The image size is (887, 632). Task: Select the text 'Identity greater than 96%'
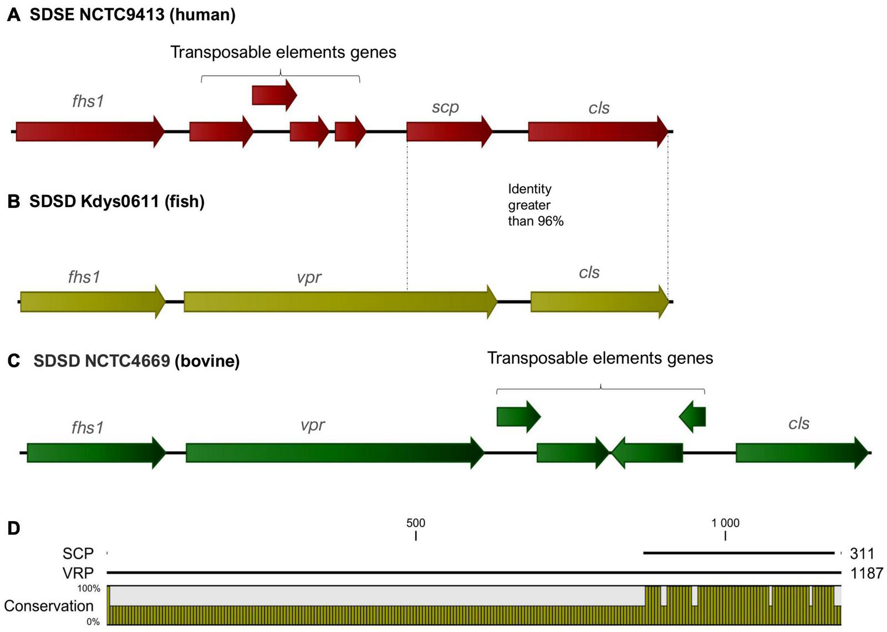coord(535,205)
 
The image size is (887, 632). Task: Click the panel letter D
coord(14,528)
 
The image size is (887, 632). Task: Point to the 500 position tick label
coord(416,523)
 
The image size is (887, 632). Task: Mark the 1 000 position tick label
coord(725,523)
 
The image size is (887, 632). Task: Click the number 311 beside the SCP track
coord(861,553)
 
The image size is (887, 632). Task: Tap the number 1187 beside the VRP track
coord(866,573)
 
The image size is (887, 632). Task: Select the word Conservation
coord(49,606)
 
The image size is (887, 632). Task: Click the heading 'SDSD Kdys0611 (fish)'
coord(116,201)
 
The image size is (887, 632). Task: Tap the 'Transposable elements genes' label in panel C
coord(600,358)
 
